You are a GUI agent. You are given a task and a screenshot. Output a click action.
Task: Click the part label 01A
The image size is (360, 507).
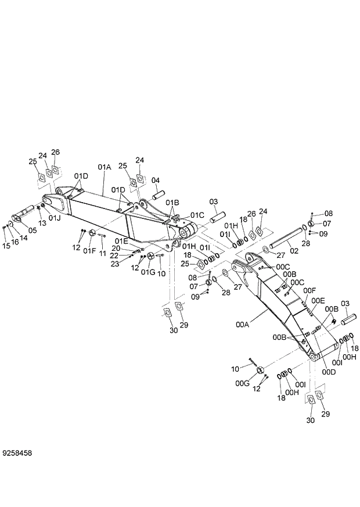tap(104, 167)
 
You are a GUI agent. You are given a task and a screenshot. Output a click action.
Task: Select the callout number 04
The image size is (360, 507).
tap(156, 180)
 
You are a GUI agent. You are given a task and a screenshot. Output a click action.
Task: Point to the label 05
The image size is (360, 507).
tap(32, 231)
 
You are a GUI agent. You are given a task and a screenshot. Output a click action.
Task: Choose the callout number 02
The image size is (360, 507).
tap(294, 251)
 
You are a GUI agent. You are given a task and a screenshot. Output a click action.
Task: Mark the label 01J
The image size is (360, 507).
tap(54, 218)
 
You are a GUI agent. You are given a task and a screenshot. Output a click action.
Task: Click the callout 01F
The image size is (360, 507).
tap(89, 251)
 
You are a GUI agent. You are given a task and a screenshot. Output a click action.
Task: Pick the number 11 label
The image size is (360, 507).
tap(102, 254)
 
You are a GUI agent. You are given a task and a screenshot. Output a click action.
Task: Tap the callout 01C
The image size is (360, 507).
tap(197, 215)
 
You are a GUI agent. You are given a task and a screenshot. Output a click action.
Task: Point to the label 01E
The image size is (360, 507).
tap(121, 241)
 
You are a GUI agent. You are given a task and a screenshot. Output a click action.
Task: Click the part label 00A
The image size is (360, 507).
tap(242, 326)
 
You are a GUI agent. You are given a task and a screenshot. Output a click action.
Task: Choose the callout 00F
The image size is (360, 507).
tap(309, 290)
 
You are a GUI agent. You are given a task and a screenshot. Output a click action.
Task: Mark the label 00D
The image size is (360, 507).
tap(329, 371)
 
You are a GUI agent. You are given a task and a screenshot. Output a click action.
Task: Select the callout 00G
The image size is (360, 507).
tap(243, 383)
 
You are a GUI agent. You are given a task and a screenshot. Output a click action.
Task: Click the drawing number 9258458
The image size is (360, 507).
tap(17, 452)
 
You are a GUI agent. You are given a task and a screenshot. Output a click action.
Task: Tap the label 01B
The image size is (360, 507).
tap(172, 203)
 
